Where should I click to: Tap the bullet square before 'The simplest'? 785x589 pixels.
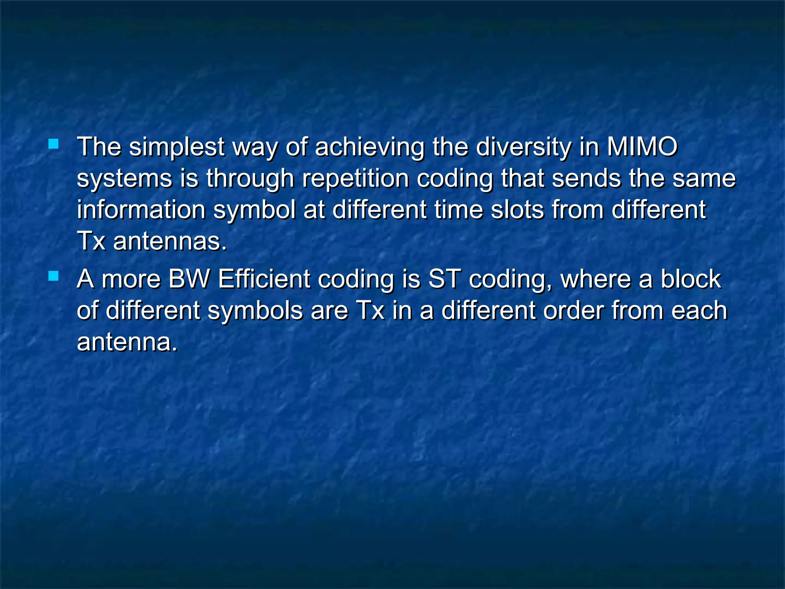tap(54, 144)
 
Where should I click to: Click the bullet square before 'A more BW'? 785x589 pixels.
tap(54, 276)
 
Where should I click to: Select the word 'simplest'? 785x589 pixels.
tap(177, 148)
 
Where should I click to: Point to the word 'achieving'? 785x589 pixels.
tap(370, 148)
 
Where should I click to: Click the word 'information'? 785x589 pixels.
tap(141, 210)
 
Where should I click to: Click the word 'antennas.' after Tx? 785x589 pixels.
tap(170, 242)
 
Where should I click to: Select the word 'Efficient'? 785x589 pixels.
tap(264, 279)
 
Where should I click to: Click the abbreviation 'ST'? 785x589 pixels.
tap(444, 279)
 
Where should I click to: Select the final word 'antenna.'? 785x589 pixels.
tap(127, 342)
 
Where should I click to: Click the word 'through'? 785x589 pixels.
tap(250, 179)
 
